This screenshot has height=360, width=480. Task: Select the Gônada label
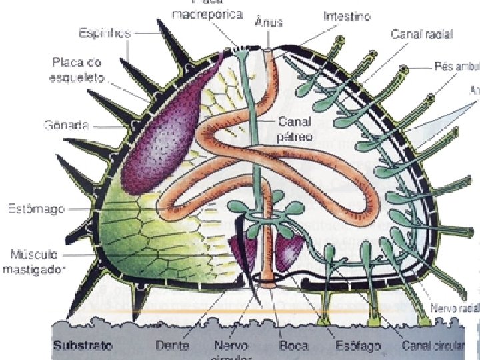[64, 125]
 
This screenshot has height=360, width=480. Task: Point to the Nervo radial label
[454, 308]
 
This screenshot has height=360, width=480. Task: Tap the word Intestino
[347, 15]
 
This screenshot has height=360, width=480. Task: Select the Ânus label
[269, 22]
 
